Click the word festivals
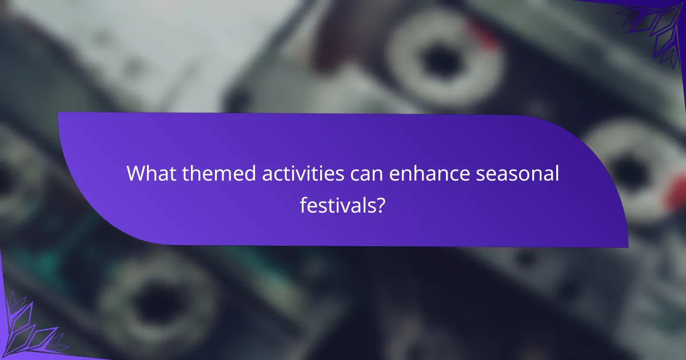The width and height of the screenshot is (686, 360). (337, 205)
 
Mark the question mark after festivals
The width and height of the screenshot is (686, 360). (378, 205)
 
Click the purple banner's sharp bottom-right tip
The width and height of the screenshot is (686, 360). (627, 246)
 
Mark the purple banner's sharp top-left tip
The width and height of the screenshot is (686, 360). (58, 113)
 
